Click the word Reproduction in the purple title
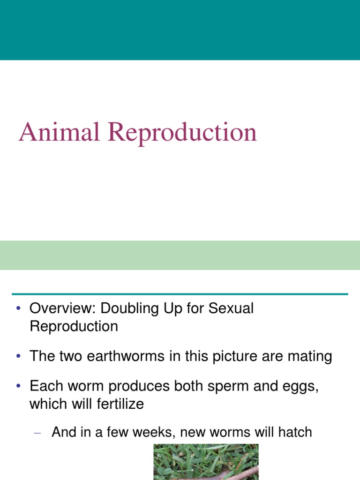pos(182,133)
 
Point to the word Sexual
pos(231,309)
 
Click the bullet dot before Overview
pos(18,309)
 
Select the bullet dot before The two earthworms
pos(18,356)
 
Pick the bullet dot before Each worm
pos(18,387)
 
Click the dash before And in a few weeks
pos(38,433)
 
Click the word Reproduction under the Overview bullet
pos(74,326)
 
